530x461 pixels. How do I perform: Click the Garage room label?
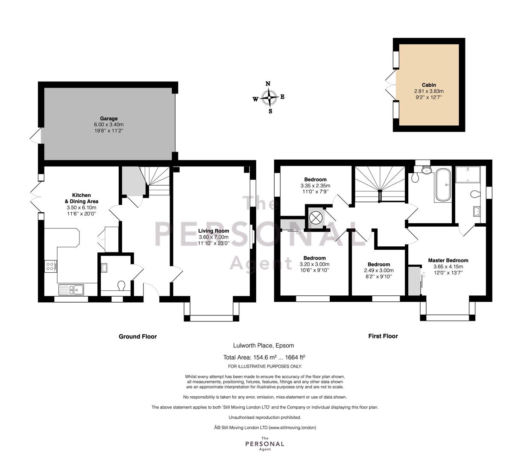point(109,119)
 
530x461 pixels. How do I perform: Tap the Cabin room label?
point(429,85)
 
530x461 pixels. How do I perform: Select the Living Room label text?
point(214,231)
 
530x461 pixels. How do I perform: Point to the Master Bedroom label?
point(448,260)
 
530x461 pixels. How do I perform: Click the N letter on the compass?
point(268,84)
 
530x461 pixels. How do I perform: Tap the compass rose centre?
point(269,98)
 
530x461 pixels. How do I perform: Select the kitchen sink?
point(71,290)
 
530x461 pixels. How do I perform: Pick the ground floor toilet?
point(121,286)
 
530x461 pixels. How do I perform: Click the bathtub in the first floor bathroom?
point(443,185)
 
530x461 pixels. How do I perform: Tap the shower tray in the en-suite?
point(468,174)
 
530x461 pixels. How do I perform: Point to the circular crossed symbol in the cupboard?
point(316,217)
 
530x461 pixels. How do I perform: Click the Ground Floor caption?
point(138,336)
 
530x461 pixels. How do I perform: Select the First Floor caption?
point(383,336)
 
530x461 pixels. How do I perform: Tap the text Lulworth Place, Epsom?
point(264,345)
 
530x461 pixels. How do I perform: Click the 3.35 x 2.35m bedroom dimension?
point(315,186)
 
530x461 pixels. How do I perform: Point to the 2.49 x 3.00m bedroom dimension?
point(379,271)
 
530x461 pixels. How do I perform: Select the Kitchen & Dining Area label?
point(81,198)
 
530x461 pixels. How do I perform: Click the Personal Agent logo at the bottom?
point(265,443)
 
